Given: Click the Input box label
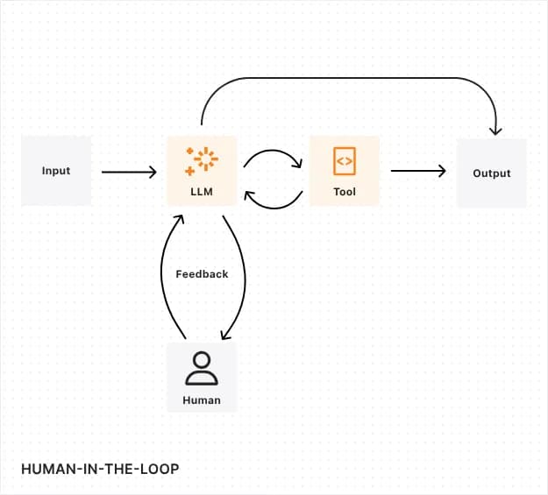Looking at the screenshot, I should [56, 171].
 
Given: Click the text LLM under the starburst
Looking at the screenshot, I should [202, 191].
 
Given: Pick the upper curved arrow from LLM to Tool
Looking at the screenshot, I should [272, 154].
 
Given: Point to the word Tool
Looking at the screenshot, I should [345, 191].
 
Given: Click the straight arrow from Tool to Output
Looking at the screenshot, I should [417, 172].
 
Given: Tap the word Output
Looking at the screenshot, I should [491, 173].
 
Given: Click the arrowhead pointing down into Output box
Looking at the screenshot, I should [495, 131].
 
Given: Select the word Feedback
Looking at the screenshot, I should [202, 274].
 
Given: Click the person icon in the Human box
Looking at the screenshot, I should [202, 369].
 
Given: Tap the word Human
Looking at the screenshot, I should [202, 400].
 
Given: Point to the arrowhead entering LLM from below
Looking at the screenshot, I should [179, 215].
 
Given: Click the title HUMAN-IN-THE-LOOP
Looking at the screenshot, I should [99, 469].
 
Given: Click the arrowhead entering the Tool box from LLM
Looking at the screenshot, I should [297, 165].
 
